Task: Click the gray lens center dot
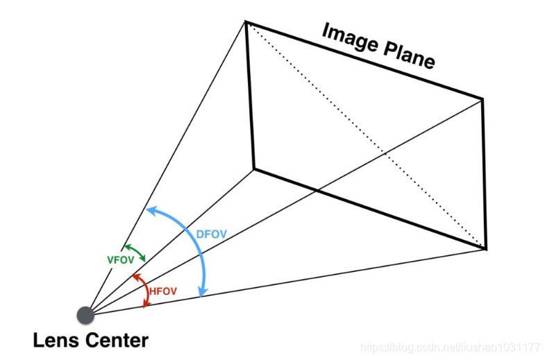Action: (x=85, y=315)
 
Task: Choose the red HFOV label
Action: (x=163, y=293)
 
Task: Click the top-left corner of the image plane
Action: (x=245, y=22)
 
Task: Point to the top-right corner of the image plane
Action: (x=482, y=98)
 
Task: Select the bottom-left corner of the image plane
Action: (x=253, y=168)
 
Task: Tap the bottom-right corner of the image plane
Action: (x=486, y=248)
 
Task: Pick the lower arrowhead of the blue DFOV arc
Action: (x=201, y=293)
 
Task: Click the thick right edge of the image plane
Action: (x=484, y=173)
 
